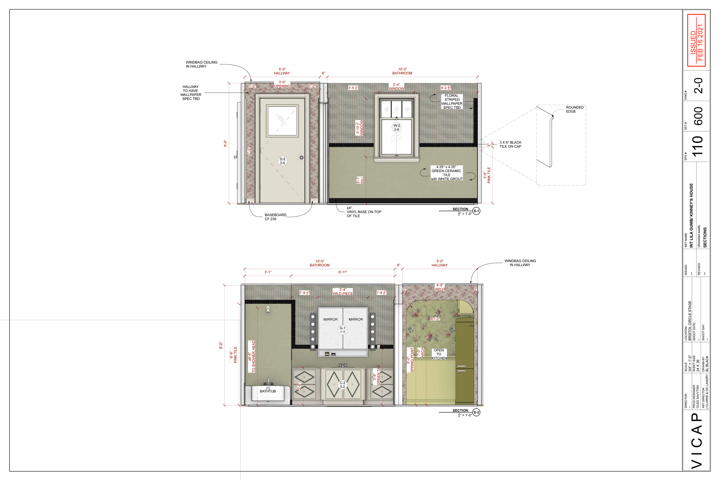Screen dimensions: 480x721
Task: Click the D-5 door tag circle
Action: pyautogui.click(x=282, y=161)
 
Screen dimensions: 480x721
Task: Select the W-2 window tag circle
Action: pyautogui.click(x=397, y=127)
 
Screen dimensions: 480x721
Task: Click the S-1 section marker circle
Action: pyautogui.click(x=476, y=211)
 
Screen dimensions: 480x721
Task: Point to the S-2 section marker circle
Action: pyautogui.click(x=476, y=412)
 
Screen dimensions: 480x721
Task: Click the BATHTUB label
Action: pyautogui.click(x=268, y=391)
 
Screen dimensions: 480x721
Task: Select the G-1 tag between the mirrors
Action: pyautogui.click(x=342, y=330)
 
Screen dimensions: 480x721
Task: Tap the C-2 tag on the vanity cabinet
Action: pyautogui.click(x=342, y=385)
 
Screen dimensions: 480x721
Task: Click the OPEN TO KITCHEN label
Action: pyautogui.click(x=439, y=354)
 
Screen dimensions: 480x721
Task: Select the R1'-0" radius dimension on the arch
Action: pyautogui.click(x=435, y=319)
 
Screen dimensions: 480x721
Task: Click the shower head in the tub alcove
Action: pyautogui.click(x=268, y=310)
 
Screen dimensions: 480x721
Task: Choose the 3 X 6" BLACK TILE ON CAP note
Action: pyautogui.click(x=510, y=145)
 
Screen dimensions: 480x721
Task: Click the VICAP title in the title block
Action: pyautogui.click(x=697, y=441)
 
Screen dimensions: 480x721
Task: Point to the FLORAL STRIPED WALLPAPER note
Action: pyautogui.click(x=452, y=102)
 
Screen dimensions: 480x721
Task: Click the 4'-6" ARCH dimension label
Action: pyautogui.click(x=440, y=287)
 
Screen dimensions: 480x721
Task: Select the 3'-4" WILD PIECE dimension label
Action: pyautogui.click(x=343, y=291)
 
